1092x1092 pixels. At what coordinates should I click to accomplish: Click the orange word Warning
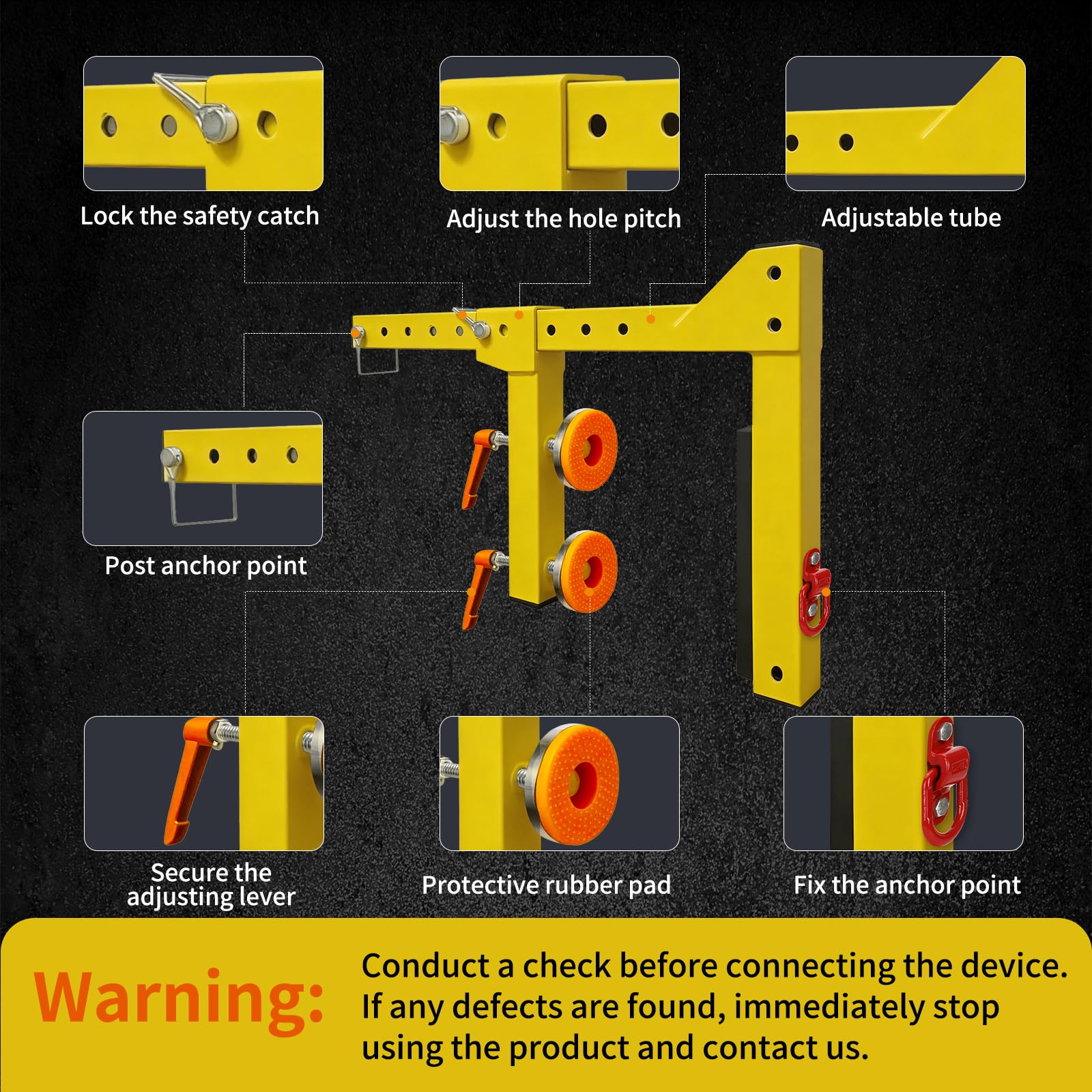click(179, 997)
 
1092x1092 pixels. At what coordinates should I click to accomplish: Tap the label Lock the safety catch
click(200, 216)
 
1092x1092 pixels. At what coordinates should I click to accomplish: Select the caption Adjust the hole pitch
click(564, 219)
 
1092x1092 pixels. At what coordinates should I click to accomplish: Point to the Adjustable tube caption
click(911, 218)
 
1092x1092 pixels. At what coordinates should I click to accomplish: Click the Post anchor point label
click(206, 566)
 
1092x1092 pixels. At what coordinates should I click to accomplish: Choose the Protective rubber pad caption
click(547, 885)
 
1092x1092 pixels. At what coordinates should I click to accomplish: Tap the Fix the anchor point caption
click(907, 885)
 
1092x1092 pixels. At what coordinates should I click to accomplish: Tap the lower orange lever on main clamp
click(480, 587)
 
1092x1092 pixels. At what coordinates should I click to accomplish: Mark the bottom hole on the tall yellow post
click(777, 674)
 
